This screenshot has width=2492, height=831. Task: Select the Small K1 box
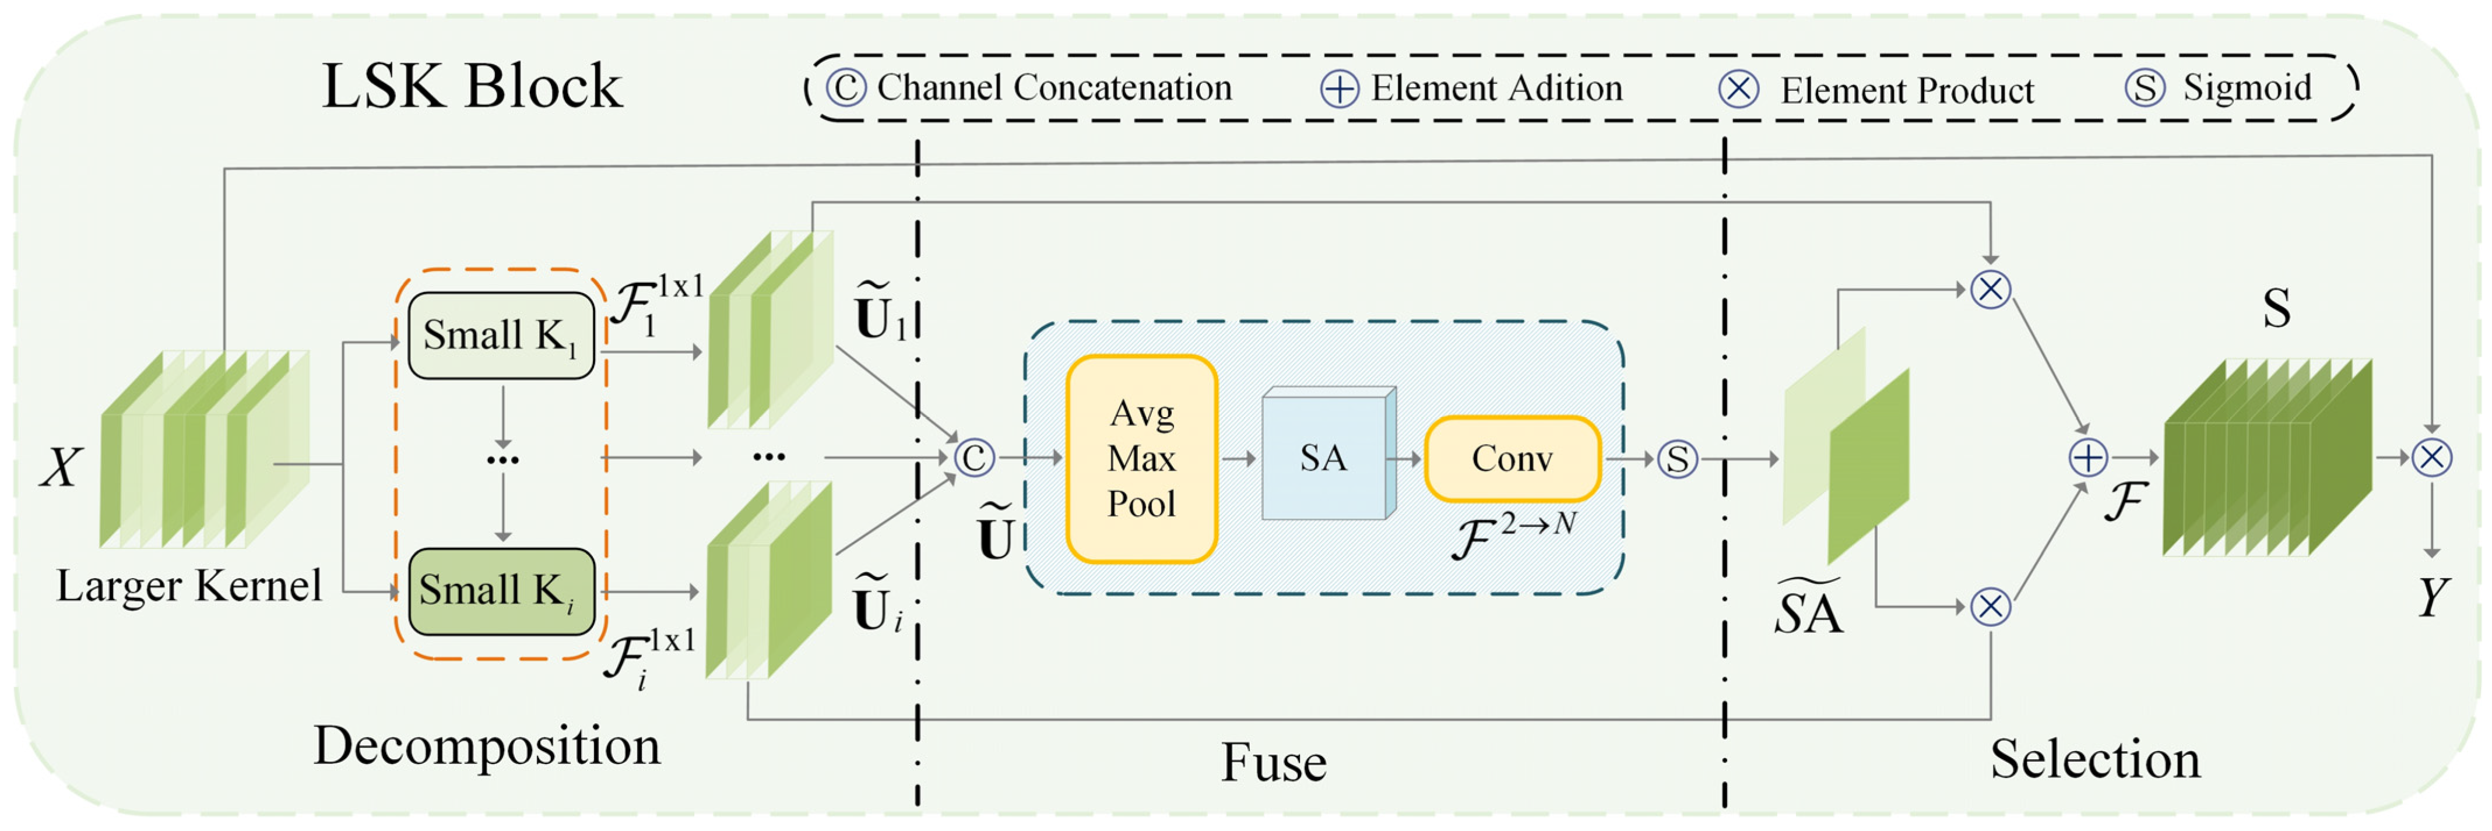(500, 336)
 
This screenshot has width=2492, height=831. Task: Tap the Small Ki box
(500, 591)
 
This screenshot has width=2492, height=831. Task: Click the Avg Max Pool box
(1141, 459)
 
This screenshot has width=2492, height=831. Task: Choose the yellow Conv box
(1512, 459)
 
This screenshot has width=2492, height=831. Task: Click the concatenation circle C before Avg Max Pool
(973, 457)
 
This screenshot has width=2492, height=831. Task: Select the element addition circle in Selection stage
(2087, 457)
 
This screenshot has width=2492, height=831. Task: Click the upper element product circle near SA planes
(1990, 289)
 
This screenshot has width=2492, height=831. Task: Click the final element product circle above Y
(2431, 457)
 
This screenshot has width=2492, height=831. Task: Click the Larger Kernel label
(189, 585)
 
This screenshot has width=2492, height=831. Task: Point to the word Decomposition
(487, 746)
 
